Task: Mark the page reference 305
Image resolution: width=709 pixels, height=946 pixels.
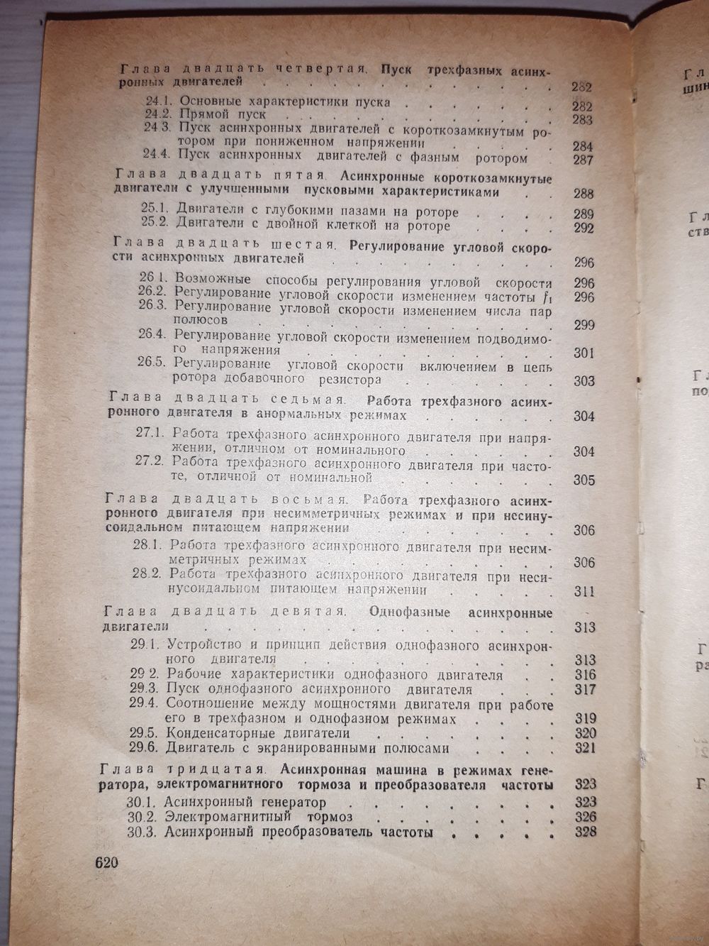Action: pyautogui.click(x=584, y=480)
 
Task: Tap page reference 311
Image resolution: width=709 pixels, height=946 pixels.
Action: pyautogui.click(x=584, y=592)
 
